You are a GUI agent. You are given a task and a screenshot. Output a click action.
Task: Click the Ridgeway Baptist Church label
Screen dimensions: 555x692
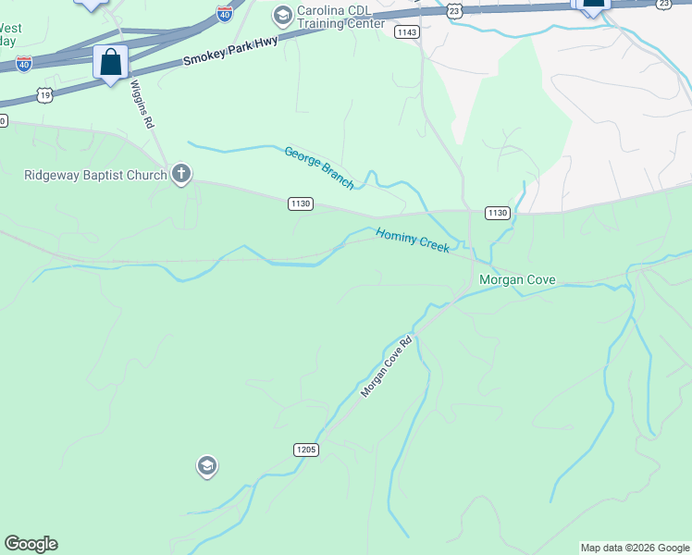[95, 174]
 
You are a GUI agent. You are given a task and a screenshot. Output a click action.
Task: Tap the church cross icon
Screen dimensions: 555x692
[181, 173]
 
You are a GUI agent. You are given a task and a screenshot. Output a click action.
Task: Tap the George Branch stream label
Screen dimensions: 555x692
[319, 167]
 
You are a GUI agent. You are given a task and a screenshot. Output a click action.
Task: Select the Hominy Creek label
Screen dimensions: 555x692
[413, 241]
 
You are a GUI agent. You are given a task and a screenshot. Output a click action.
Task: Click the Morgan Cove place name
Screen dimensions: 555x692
[516, 278]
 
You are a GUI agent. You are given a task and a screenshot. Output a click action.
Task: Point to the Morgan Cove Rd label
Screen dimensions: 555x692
[386, 367]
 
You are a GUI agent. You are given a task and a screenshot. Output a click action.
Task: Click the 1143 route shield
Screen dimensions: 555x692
[406, 32]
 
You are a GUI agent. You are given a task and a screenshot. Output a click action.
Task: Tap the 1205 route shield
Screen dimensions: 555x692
[306, 450]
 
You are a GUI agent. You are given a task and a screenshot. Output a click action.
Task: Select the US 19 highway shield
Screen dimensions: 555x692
[44, 94]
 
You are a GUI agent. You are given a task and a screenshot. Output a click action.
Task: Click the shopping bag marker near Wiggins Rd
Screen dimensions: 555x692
[111, 63]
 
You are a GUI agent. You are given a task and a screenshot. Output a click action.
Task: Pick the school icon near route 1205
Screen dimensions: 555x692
[207, 466]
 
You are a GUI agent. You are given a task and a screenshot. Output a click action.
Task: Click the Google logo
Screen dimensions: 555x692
[31, 544]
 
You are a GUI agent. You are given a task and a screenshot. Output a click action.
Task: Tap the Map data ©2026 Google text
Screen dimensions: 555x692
[635, 548]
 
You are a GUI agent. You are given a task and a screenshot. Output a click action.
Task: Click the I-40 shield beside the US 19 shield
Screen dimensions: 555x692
[24, 63]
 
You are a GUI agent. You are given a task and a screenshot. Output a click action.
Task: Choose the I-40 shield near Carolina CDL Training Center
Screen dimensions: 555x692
[225, 13]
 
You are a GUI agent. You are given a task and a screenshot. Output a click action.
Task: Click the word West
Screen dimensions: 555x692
[11, 28]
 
